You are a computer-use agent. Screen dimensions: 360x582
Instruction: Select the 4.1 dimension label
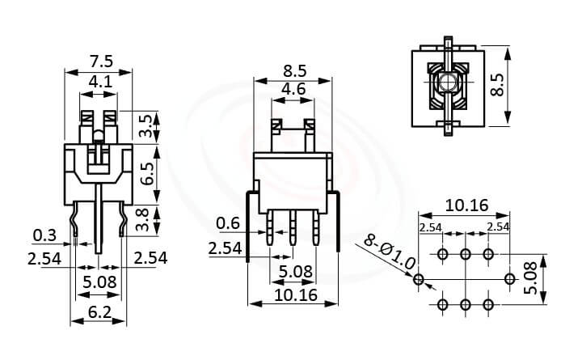pyautogui.click(x=100, y=82)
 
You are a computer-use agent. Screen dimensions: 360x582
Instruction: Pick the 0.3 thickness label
pyautogui.click(x=44, y=236)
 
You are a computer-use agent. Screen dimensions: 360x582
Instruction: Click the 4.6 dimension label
pyautogui.click(x=293, y=90)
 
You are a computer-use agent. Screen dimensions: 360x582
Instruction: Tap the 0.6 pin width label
pyautogui.click(x=229, y=223)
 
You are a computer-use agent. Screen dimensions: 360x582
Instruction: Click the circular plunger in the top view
pyautogui.click(x=446, y=83)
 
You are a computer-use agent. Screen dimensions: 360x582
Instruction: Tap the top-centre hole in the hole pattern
pyautogui.click(x=465, y=255)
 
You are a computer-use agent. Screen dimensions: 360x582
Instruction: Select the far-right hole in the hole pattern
pyautogui.click(x=509, y=280)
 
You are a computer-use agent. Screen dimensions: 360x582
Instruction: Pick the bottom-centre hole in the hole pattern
pyautogui.click(x=465, y=304)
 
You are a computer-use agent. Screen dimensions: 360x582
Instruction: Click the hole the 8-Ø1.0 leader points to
pyautogui.click(x=418, y=280)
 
